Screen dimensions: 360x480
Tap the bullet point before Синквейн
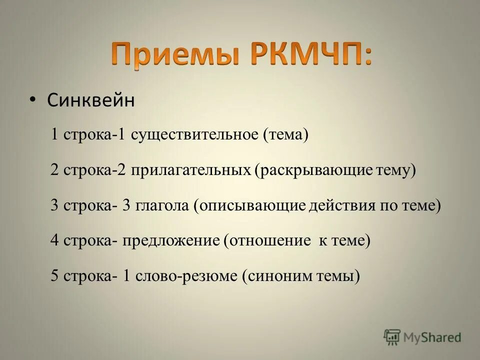tap(32, 99)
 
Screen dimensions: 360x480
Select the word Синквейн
tap(91, 100)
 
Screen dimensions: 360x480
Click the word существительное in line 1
tap(195, 135)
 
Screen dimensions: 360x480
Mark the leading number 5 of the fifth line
tap(54, 275)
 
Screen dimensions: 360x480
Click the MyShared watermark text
tap(432, 337)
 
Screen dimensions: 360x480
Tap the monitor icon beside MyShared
tap(392, 337)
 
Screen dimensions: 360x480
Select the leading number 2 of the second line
tap(54, 170)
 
